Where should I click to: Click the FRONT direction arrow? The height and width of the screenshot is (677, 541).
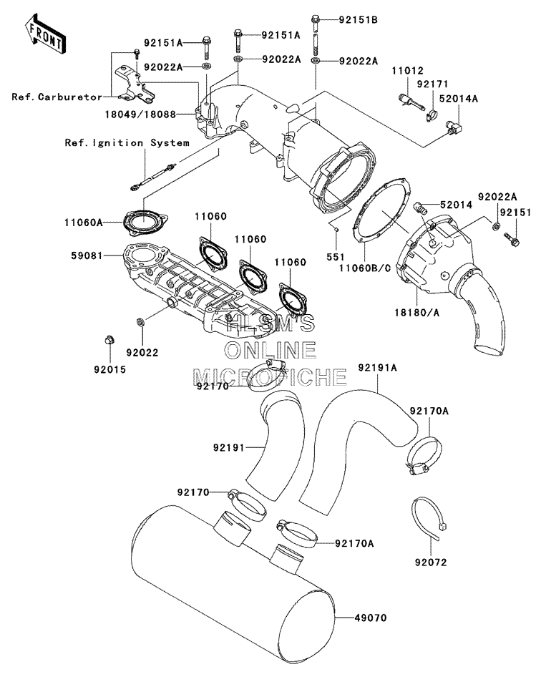(x=45, y=34)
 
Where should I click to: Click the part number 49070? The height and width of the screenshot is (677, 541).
(x=371, y=618)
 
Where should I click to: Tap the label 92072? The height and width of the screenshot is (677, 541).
(x=431, y=562)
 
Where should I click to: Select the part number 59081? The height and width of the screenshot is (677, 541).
(x=87, y=255)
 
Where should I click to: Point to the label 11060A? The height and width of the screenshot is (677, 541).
(x=84, y=223)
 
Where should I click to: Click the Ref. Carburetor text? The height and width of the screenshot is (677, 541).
(x=57, y=97)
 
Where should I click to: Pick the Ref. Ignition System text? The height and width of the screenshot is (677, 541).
(x=127, y=142)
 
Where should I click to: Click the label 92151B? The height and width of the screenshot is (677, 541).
(x=358, y=20)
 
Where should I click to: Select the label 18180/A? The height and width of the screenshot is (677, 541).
(x=416, y=312)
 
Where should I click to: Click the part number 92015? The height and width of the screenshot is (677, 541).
(x=110, y=369)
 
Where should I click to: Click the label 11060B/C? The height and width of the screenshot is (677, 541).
(x=365, y=268)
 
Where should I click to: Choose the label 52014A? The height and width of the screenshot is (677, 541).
(x=459, y=99)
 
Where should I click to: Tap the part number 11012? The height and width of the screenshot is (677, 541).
(x=408, y=70)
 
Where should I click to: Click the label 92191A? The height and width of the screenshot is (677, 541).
(x=377, y=367)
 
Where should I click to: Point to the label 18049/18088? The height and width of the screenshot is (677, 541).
(x=140, y=115)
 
